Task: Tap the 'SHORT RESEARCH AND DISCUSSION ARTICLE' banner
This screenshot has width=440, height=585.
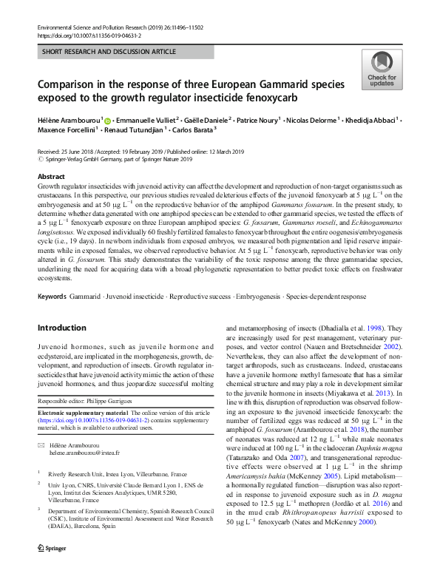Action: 110,52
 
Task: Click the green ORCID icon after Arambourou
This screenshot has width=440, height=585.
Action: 107,120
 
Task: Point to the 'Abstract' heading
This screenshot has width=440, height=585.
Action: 51,177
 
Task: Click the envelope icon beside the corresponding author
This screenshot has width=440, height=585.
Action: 41,446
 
